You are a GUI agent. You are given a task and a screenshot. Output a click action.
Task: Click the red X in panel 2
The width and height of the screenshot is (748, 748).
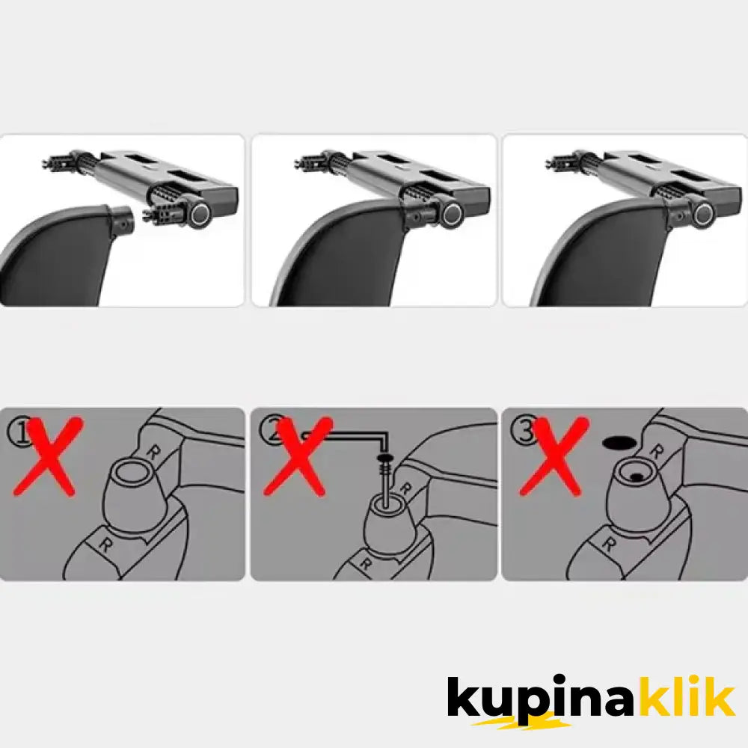(298, 457)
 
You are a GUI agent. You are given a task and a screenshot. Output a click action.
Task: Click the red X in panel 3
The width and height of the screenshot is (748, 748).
(554, 457)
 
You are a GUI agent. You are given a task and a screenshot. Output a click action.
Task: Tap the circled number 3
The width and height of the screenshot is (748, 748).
(524, 431)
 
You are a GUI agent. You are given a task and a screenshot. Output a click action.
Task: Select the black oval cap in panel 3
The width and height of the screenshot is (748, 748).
(619, 443)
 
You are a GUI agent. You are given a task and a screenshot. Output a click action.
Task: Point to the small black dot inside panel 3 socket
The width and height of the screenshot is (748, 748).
(635, 476)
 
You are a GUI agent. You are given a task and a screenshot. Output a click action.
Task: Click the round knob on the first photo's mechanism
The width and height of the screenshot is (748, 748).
(200, 214)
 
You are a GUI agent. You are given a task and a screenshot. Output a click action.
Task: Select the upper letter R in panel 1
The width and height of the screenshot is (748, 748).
(153, 453)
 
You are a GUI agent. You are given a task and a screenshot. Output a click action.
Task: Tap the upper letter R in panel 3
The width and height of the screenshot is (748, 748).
(657, 451)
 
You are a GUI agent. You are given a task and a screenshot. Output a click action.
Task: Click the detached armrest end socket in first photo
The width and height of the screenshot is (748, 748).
(120, 222)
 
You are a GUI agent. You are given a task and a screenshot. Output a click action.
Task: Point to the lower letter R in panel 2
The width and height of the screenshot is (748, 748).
(365, 564)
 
